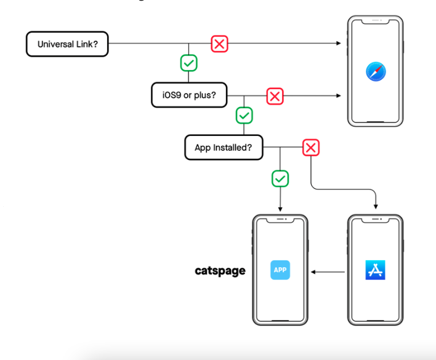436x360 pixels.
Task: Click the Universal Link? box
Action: pos(67,44)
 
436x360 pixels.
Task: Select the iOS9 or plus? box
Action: pos(188,95)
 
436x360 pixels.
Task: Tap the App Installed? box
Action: pos(224,148)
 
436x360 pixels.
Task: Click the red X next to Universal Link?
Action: pos(219,44)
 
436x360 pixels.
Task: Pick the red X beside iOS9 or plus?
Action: pos(275,96)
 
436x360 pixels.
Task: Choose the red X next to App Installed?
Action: pos(311,148)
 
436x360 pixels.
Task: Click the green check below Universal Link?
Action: pos(188,63)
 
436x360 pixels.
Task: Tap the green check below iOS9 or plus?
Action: pos(244,115)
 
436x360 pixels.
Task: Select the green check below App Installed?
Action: pos(280,178)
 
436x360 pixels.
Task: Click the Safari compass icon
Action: pos(375,71)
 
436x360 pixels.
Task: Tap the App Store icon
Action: pos(375,270)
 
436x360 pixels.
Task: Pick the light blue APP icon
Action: pos(280,270)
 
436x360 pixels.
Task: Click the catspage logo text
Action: pos(220,271)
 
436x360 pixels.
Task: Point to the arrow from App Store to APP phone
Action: pos(328,271)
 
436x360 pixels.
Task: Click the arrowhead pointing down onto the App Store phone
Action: pos(376,207)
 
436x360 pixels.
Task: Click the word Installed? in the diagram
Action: pos(238,148)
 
